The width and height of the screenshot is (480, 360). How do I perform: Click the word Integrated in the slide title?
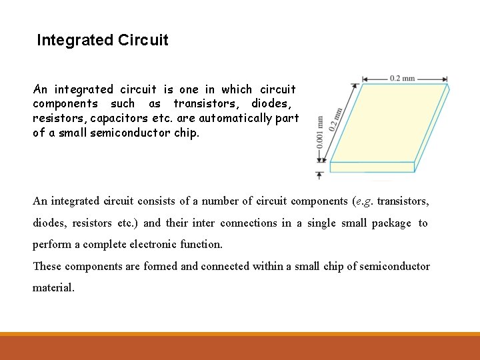(x=75, y=41)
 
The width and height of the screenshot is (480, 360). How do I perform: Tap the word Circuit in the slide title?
(x=143, y=41)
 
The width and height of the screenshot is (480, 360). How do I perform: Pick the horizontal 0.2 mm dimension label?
(x=402, y=79)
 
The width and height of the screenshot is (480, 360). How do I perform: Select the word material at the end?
(x=53, y=288)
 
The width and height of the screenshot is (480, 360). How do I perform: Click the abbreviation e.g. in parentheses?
(x=363, y=201)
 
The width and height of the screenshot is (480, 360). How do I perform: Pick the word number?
(x=209, y=201)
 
